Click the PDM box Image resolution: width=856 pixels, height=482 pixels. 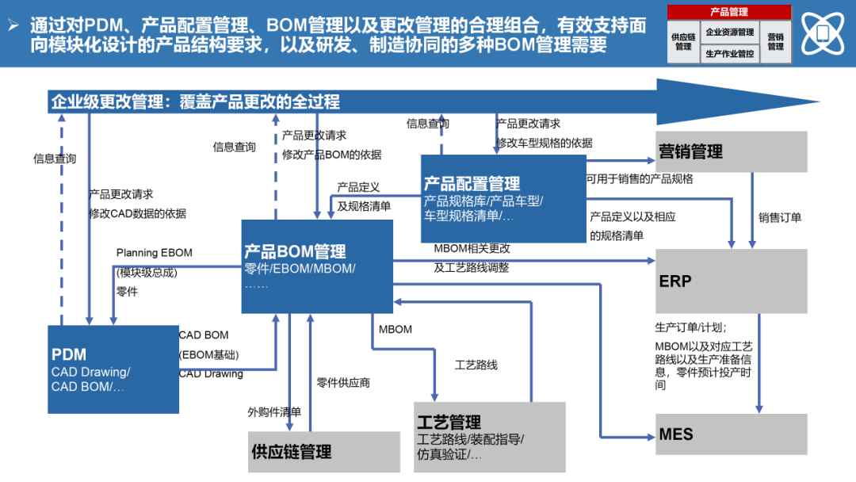point(113,369)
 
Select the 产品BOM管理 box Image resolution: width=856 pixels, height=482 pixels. point(317,266)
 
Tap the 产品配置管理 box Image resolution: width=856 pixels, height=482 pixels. point(503,198)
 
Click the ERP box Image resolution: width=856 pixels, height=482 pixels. point(731,281)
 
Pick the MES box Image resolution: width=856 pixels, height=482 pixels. point(731,434)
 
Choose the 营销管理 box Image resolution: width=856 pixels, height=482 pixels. point(731,151)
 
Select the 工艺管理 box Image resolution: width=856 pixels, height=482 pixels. point(490,437)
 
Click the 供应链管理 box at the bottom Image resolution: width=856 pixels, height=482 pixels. point(324,452)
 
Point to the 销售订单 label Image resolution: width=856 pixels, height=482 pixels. point(780,217)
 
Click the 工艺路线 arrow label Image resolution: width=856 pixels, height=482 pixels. point(476,365)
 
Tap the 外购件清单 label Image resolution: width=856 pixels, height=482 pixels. point(274,411)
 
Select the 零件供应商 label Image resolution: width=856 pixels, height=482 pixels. point(343,382)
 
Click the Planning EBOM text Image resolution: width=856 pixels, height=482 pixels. point(154,253)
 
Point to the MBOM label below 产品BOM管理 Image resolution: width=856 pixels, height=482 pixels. point(395,329)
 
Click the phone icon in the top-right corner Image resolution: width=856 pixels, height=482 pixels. point(822,33)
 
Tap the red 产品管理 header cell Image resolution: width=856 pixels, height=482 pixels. point(729,12)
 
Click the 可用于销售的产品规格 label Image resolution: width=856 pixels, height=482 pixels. point(640,178)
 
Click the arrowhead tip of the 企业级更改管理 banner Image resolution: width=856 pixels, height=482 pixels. point(816,101)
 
